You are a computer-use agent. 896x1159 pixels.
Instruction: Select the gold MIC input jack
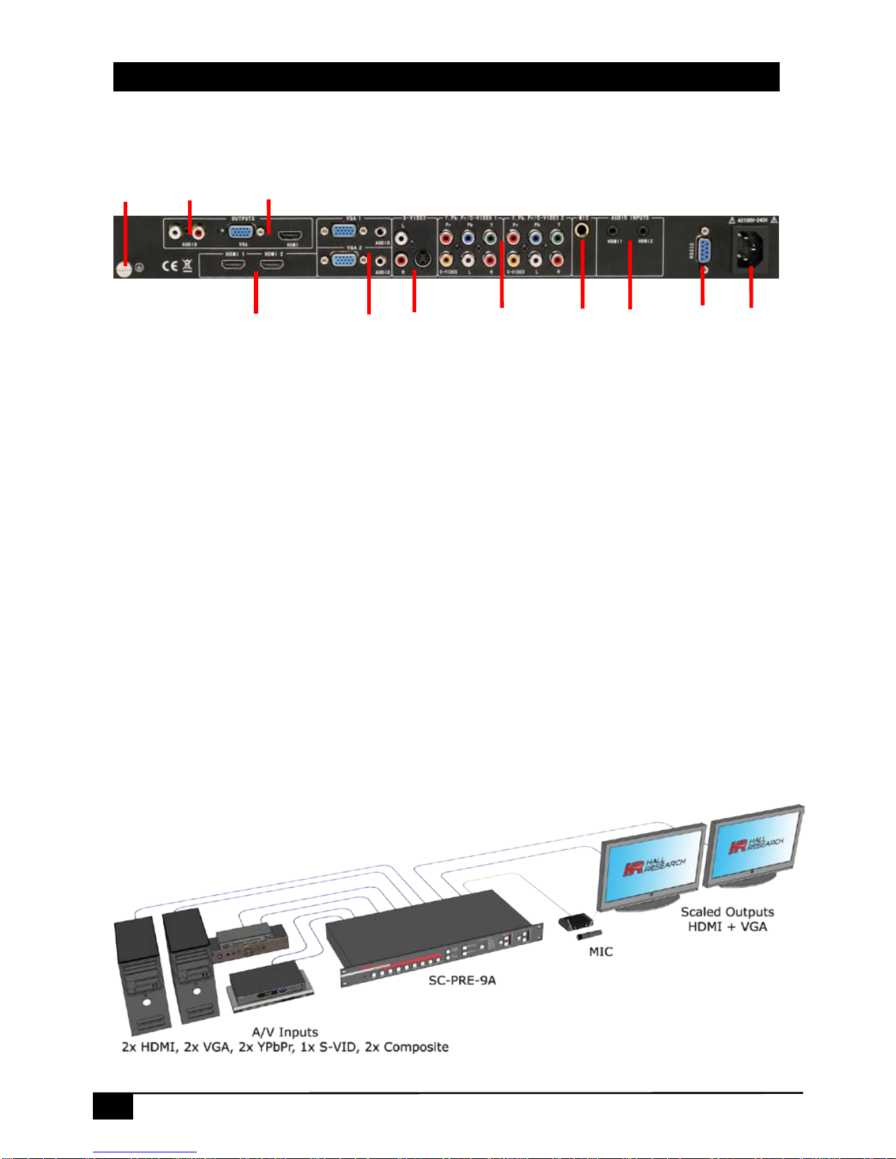[582, 231]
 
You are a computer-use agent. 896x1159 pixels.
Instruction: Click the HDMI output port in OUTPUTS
[292, 235]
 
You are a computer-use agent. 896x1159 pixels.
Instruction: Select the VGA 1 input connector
[345, 231]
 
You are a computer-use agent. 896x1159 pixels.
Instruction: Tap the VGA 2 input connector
[345, 260]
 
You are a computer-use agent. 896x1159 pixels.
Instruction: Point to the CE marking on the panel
[169, 265]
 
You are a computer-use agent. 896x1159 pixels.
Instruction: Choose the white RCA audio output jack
[175, 233]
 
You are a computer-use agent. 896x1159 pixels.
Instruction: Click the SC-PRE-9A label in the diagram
[462, 980]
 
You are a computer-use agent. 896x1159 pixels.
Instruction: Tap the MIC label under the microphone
[601, 951]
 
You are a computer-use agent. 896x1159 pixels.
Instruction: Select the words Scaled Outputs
[727, 912]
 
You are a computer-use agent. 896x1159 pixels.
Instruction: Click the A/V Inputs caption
[285, 1032]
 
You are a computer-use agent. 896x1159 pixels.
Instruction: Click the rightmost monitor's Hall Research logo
[756, 846]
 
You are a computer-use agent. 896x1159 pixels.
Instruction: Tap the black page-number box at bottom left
[113, 1106]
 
